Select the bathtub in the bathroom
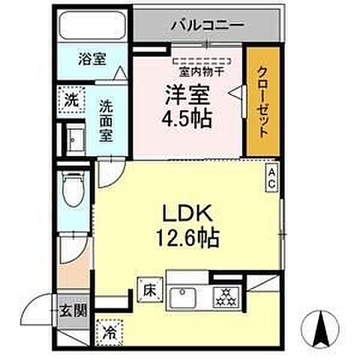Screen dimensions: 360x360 coord(94,27)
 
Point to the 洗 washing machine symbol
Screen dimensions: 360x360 coord(69,98)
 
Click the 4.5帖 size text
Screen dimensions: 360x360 coord(187,117)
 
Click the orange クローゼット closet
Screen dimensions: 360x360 coord(263,103)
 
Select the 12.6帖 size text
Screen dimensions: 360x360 coord(187,238)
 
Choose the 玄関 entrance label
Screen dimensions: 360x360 coord(67,310)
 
